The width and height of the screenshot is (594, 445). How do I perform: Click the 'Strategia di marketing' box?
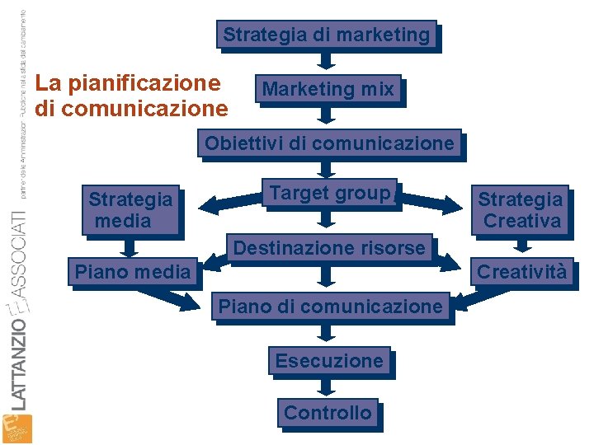pos(327,35)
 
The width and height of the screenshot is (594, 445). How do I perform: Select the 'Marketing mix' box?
pos(328,89)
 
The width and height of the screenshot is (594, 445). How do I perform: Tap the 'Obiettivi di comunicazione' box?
pos(329,143)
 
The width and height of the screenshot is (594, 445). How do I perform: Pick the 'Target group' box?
pos(329,194)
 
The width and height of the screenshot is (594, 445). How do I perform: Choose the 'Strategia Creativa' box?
pos(521,209)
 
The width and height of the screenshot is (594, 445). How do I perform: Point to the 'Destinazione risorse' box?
pos(329,247)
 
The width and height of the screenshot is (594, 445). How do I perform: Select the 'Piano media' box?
pos(133,271)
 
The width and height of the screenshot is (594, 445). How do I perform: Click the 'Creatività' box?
pos(521,271)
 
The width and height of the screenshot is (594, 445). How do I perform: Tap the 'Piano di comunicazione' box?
pos(329,307)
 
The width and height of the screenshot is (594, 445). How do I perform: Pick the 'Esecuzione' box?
pos(329,361)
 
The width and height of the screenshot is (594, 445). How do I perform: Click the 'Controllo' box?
pos(328,412)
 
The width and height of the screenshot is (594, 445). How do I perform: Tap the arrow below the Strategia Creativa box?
pos(521,245)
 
